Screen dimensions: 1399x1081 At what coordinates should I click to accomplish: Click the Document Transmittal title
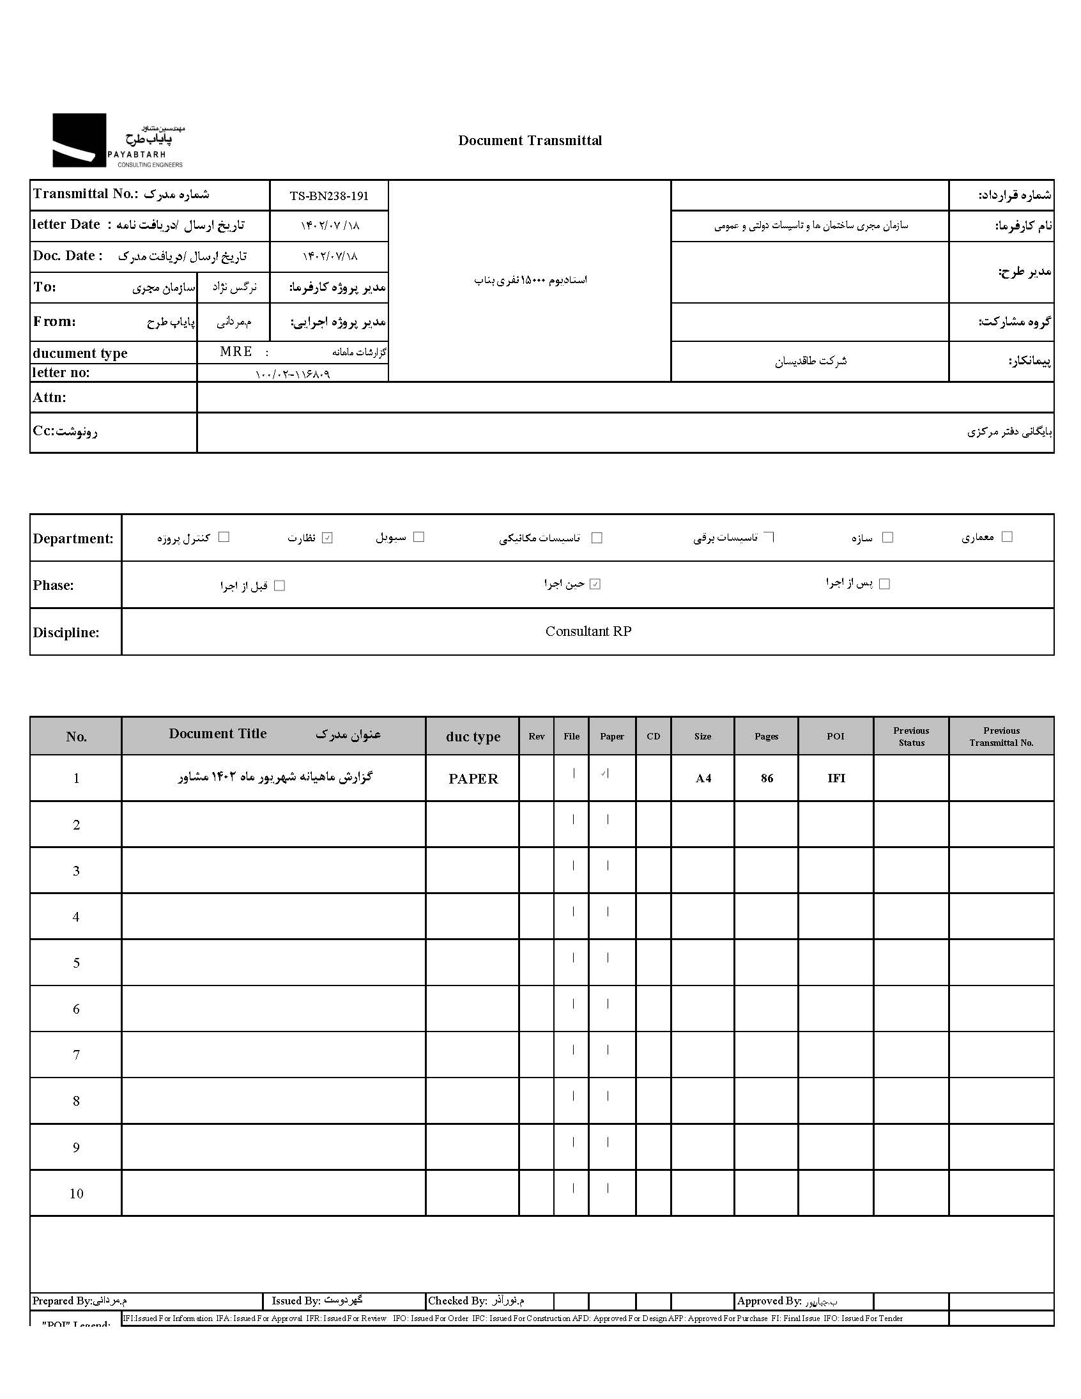pyautogui.click(x=530, y=141)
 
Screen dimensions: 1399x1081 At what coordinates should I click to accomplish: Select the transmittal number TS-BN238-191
pyautogui.click(x=329, y=196)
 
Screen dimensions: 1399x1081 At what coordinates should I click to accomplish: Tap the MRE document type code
pyautogui.click(x=236, y=352)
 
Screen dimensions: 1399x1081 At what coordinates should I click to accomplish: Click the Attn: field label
pyautogui.click(x=50, y=398)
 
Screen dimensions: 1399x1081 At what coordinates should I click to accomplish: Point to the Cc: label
pyautogui.click(x=43, y=431)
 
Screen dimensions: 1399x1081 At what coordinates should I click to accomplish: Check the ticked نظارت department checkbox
pyautogui.click(x=327, y=538)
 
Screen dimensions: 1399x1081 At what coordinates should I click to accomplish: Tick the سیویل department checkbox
pyautogui.click(x=419, y=537)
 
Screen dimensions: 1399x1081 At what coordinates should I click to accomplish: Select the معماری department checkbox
pyautogui.click(x=1007, y=537)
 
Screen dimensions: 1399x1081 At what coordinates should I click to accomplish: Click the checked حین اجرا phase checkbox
pyautogui.click(x=595, y=584)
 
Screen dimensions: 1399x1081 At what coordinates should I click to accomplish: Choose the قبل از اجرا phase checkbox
pyautogui.click(x=279, y=585)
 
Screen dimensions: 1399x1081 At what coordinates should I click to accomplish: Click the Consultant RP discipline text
pyautogui.click(x=588, y=631)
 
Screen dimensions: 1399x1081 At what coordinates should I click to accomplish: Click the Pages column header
pyautogui.click(x=766, y=737)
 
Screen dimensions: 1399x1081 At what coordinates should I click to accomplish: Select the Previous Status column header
pyautogui.click(x=910, y=737)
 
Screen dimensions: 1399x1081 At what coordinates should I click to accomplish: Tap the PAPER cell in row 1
pyautogui.click(x=473, y=779)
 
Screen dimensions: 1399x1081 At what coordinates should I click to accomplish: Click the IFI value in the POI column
pyautogui.click(x=836, y=778)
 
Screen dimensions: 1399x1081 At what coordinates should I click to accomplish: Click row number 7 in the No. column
pyautogui.click(x=76, y=1055)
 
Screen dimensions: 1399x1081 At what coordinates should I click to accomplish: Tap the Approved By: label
pyautogui.click(x=769, y=1301)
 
